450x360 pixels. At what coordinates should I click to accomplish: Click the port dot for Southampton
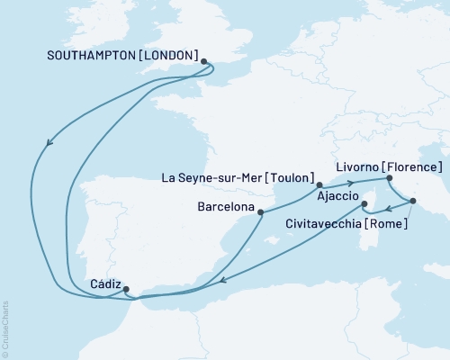point(204,62)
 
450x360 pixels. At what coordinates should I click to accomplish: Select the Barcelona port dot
point(261,213)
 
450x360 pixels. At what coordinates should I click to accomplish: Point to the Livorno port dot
point(389,178)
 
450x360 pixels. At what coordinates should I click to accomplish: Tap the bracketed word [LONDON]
point(167,55)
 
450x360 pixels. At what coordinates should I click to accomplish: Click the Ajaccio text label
point(338,195)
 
